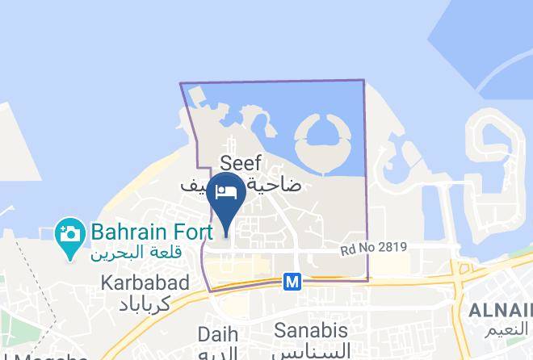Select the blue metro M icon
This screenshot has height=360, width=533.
pos(292,282)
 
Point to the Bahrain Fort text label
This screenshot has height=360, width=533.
pos(152,232)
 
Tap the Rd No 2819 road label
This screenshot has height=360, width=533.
pos(373,248)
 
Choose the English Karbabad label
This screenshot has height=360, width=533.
pos(145,283)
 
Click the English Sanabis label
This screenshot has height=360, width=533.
pos(311,330)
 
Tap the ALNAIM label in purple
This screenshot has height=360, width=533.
pos(502,311)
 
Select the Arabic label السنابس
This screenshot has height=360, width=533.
pos(311,351)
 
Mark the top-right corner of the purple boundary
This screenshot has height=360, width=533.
pos(363,80)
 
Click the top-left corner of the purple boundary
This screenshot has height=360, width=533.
pos(180,84)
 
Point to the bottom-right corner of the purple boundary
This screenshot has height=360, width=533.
pos(367,281)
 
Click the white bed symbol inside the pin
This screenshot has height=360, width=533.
pos(226,191)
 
